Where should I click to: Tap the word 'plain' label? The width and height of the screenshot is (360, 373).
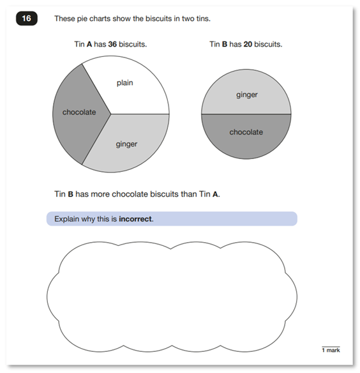[125, 82]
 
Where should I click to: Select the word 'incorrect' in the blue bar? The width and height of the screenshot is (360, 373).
[135, 219]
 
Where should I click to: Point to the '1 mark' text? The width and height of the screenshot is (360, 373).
[331, 349]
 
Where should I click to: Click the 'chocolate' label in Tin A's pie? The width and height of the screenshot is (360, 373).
[79, 112]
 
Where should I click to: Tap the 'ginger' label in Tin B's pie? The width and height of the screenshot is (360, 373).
[246, 95]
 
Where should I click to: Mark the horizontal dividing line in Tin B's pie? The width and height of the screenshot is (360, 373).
[246, 114]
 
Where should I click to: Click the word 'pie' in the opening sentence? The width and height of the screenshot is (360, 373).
[84, 19]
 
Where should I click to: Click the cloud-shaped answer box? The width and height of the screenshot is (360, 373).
[172, 294]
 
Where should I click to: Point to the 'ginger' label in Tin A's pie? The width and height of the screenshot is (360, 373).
[126, 144]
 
